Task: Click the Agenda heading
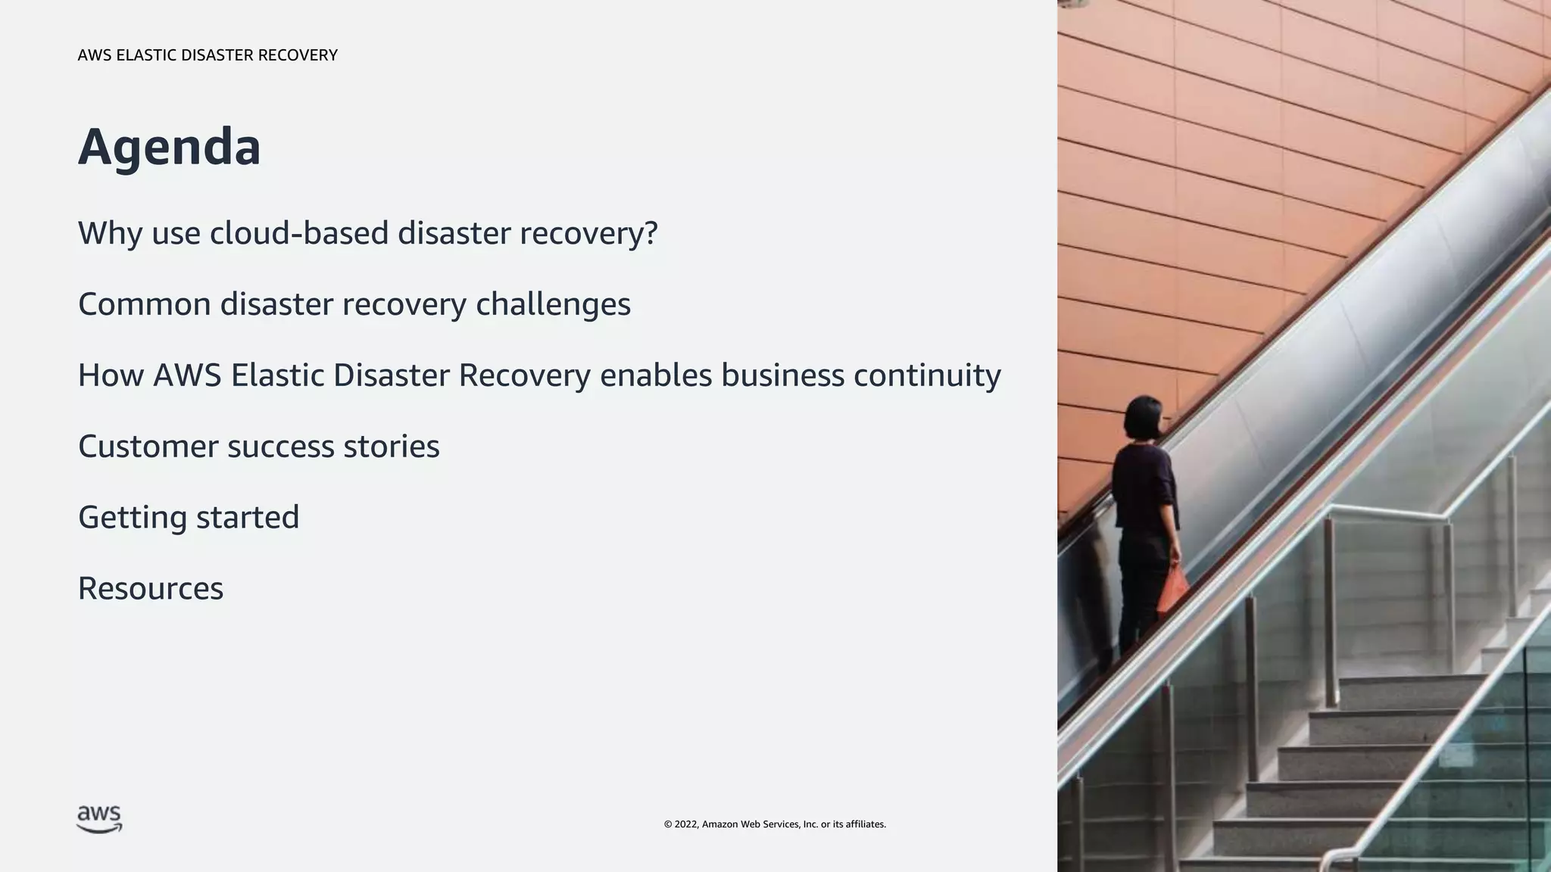[x=169, y=147]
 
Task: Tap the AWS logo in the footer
[x=99, y=819]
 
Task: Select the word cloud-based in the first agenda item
[x=299, y=232]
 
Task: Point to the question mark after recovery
[x=650, y=232]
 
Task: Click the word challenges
[x=553, y=304]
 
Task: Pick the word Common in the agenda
[x=144, y=304]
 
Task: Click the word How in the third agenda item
[x=111, y=375]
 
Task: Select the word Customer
[x=148, y=447]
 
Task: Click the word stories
[x=391, y=447]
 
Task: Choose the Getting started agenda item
[x=189, y=518]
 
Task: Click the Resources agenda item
[x=151, y=589]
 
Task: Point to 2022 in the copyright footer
[x=686, y=824]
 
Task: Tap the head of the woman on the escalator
[x=1142, y=418]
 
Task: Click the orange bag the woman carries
[x=1172, y=591]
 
